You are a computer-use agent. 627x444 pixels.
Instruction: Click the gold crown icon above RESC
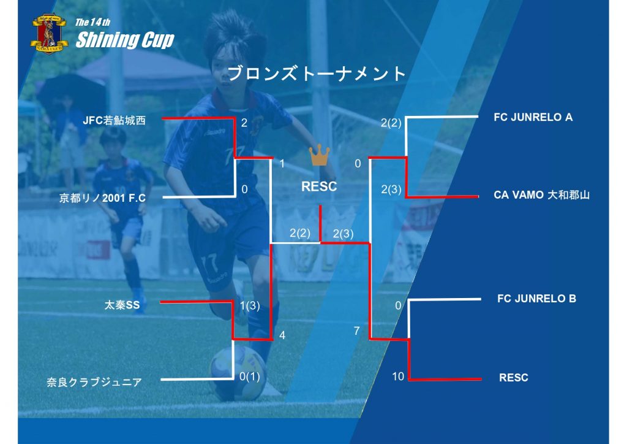point(319,156)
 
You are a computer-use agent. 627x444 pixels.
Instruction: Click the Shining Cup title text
point(125,40)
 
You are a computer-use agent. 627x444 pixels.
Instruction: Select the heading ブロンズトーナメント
point(317,74)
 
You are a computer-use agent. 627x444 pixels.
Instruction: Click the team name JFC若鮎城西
point(115,120)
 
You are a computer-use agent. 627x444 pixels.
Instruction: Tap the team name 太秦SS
point(122,304)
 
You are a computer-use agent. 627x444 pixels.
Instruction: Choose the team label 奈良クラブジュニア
point(94,383)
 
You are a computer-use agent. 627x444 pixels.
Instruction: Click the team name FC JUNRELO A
point(533,117)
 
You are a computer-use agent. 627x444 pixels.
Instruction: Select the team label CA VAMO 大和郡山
point(541,195)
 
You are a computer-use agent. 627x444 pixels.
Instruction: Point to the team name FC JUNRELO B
point(536,299)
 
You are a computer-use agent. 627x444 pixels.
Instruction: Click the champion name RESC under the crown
point(319,187)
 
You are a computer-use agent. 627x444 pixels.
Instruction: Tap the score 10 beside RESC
point(398,377)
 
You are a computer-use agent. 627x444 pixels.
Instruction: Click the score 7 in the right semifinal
point(356,331)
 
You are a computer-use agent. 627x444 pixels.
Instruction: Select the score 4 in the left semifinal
point(282,335)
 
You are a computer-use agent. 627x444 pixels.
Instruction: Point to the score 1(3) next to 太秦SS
point(250,306)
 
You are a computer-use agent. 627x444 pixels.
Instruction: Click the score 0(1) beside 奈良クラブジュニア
point(250,377)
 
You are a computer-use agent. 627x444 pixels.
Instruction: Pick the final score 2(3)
point(344,233)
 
